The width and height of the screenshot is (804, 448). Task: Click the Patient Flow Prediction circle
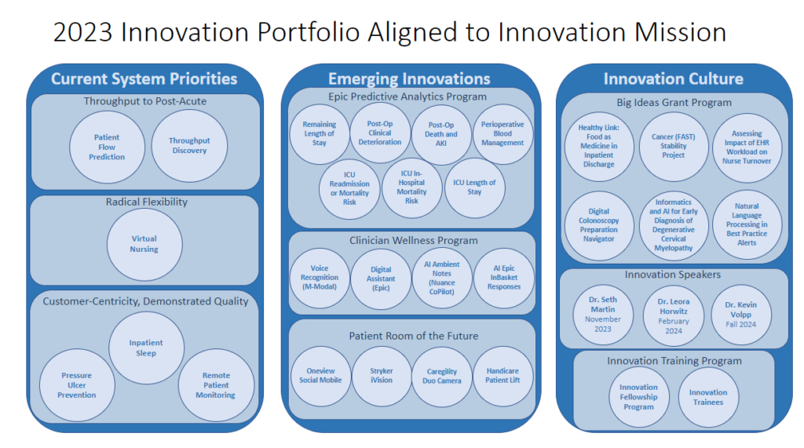pyautogui.click(x=107, y=147)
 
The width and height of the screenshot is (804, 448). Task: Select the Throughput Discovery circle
pyautogui.click(x=189, y=146)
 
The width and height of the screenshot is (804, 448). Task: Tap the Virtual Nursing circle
pyautogui.click(x=144, y=244)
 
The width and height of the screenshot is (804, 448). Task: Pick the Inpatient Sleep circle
pyautogui.click(x=146, y=348)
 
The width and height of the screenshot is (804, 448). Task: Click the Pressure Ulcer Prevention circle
pyautogui.click(x=77, y=385)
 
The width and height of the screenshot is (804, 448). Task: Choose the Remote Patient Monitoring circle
pyautogui.click(x=216, y=385)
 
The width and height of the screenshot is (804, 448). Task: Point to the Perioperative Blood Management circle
pyautogui.click(x=503, y=133)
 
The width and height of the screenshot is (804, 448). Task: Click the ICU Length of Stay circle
pyautogui.click(x=475, y=188)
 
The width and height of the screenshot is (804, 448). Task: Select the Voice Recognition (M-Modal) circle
pyautogui.click(x=320, y=278)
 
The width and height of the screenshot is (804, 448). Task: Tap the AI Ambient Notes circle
pyautogui.click(x=442, y=278)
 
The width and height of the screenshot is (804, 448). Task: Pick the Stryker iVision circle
pyautogui.click(x=382, y=376)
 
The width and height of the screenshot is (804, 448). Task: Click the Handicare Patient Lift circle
pyautogui.click(x=503, y=376)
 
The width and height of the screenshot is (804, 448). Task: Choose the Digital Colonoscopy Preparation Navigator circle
pyautogui.click(x=598, y=224)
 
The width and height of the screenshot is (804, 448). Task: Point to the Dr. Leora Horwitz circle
pyautogui.click(x=674, y=315)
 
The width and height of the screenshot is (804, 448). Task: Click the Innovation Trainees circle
pyautogui.click(x=708, y=397)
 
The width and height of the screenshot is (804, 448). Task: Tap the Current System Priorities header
pyautogui.click(x=144, y=78)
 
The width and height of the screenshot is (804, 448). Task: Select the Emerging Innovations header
pyautogui.click(x=409, y=78)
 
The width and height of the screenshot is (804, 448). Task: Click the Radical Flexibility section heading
pyautogui.click(x=147, y=202)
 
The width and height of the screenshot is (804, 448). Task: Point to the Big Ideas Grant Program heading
pyautogui.click(x=674, y=102)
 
